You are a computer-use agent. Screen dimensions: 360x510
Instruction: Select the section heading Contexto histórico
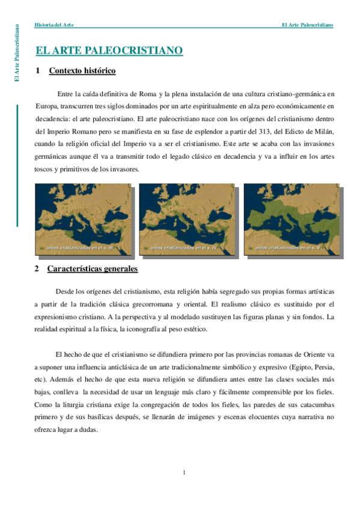click(82, 71)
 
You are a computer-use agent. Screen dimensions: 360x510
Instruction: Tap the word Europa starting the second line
click(46, 106)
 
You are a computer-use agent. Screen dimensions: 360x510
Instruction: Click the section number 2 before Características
click(37, 268)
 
